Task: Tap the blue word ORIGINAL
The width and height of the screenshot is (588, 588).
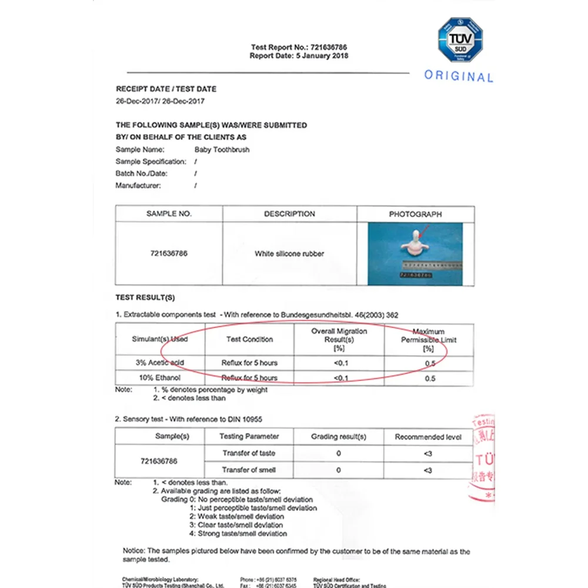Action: (459, 76)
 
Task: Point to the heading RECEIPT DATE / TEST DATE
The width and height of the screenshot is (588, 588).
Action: (166, 89)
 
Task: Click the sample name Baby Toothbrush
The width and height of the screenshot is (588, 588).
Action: (222, 149)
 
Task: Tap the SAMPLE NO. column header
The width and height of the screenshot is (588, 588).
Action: (169, 214)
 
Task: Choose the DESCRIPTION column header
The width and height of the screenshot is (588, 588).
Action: (289, 214)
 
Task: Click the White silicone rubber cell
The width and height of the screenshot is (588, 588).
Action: (289, 254)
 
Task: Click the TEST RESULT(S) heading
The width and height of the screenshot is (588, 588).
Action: (145, 298)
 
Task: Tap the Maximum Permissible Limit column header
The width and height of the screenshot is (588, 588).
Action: (429, 340)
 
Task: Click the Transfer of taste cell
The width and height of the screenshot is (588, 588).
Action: (249, 453)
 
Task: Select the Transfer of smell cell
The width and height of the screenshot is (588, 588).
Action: (249, 470)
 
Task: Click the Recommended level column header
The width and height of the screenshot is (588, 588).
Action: (428, 437)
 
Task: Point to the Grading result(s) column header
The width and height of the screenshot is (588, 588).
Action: (338, 437)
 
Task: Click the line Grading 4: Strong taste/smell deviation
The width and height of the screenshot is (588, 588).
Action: (238, 533)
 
